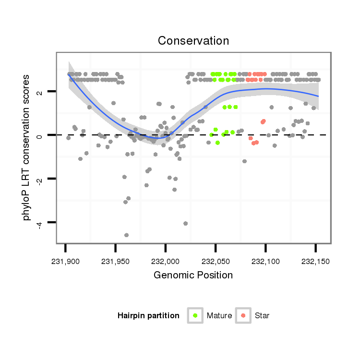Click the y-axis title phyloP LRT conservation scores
tap(27, 147)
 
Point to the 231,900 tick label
tap(65, 262)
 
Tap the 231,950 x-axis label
tap(115, 262)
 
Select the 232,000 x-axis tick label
tap(165, 262)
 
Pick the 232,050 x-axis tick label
tap(215, 262)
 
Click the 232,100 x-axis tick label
tap(265, 262)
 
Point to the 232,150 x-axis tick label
tap(315, 262)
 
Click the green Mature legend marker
tap(195, 315)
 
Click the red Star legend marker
tap(243, 315)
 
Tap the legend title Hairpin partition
tap(148, 316)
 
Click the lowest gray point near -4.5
tap(126, 235)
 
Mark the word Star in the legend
tap(262, 316)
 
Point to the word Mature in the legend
tap(219, 316)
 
